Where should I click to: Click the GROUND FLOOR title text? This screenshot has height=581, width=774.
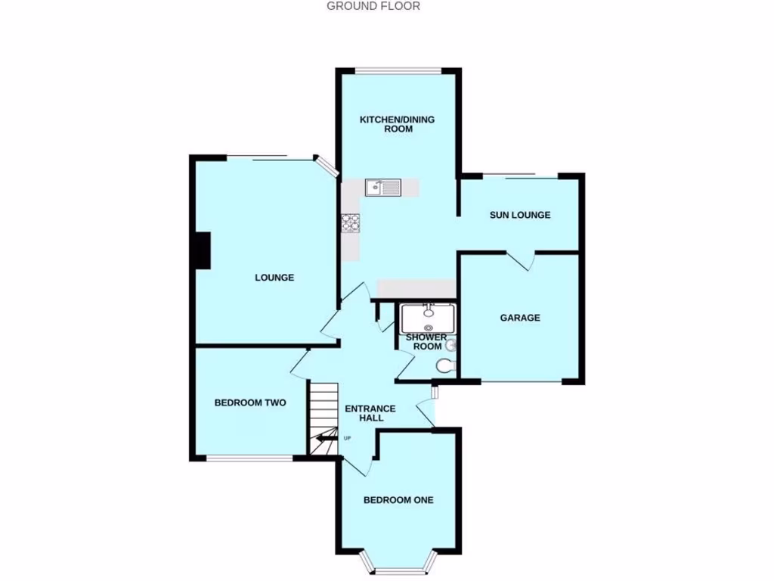[373, 6]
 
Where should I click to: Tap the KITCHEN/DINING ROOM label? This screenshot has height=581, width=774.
[397, 124]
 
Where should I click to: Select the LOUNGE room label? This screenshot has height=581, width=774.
[274, 278]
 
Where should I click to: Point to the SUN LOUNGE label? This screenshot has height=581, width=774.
[520, 215]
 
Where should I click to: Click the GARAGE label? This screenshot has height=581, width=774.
[520, 318]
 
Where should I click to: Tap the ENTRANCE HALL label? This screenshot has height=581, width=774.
[370, 413]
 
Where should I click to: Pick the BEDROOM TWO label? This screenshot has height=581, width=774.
[250, 402]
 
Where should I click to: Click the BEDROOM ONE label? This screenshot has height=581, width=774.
[398, 499]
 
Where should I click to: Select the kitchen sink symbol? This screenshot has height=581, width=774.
[383, 187]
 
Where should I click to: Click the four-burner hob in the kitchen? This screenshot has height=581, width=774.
[351, 222]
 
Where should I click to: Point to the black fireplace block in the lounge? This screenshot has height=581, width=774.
[201, 251]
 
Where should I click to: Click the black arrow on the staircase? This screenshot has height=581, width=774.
[327, 437]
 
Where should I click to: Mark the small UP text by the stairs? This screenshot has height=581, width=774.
[348, 438]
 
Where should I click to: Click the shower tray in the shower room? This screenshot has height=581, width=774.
[427, 318]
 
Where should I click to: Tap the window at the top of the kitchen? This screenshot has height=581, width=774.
[398, 72]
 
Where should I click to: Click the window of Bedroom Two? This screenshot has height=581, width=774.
[249, 458]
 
